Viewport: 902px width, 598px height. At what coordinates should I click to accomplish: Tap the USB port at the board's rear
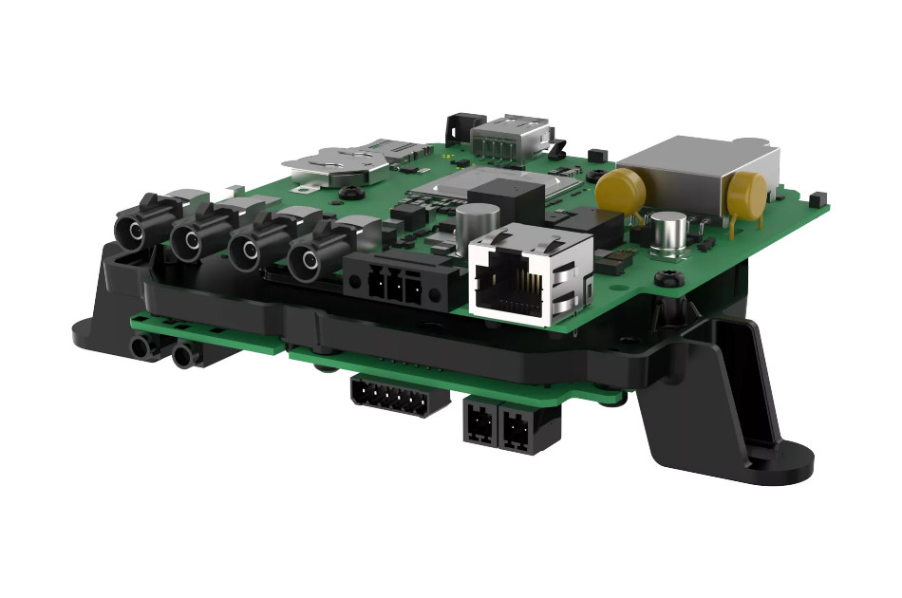[x=513, y=135]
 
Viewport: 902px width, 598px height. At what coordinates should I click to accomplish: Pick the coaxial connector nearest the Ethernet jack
[x=307, y=258]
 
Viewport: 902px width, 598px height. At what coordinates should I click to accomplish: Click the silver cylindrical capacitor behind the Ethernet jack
[x=472, y=222]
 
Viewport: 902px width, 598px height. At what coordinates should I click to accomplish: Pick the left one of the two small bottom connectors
[x=479, y=422]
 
